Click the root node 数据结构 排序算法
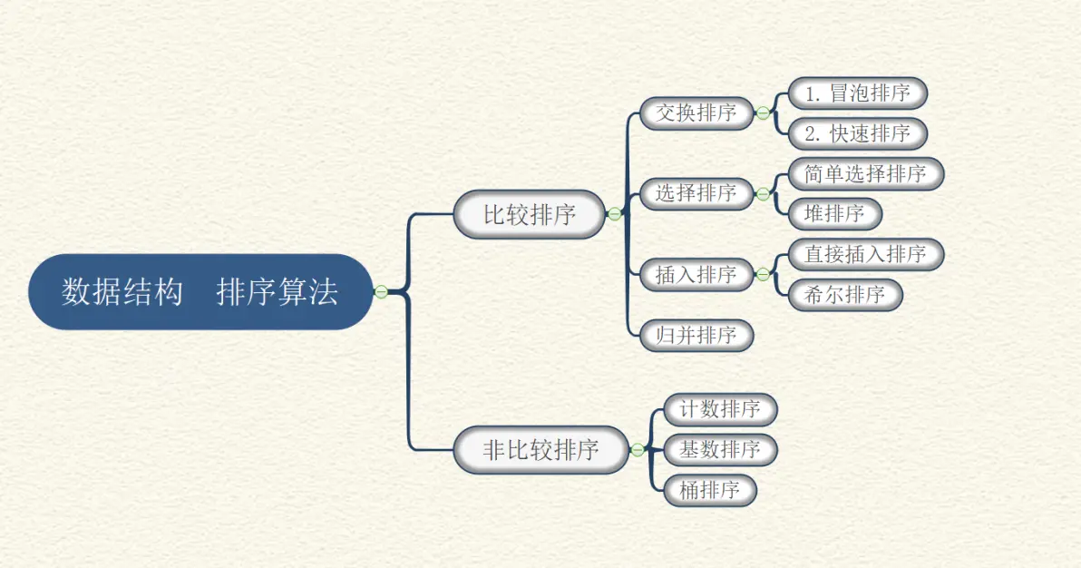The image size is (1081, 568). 200,291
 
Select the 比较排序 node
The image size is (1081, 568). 529,214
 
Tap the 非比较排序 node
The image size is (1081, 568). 540,449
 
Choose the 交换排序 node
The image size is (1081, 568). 696,113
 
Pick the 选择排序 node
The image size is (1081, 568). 696,193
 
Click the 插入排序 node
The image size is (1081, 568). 696,274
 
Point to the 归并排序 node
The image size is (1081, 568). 696,335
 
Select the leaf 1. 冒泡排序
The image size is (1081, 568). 857,93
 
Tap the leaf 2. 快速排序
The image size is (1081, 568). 857,133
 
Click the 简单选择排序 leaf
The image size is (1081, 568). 865,173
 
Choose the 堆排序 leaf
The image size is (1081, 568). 834,214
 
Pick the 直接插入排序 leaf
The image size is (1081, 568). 865,254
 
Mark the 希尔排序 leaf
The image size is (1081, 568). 845,295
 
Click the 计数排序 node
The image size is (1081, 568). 720,409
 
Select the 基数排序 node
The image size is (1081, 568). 720,449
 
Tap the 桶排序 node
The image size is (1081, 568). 709,490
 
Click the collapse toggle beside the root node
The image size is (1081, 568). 381,291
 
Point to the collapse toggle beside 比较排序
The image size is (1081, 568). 614,214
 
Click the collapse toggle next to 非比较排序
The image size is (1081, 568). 638,449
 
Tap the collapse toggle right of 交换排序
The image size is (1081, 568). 763,113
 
